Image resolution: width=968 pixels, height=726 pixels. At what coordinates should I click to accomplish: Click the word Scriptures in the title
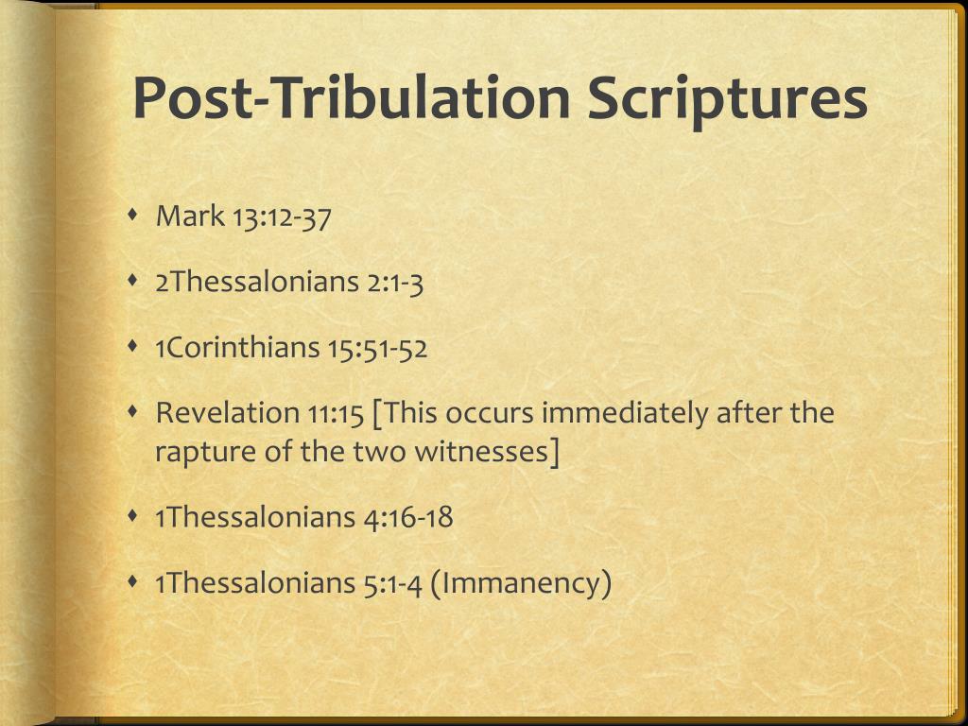pyautogui.click(x=726, y=98)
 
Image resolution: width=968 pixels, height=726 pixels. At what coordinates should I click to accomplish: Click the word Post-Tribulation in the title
pyautogui.click(x=352, y=98)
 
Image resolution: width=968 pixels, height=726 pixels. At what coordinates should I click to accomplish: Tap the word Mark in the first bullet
pyautogui.click(x=189, y=216)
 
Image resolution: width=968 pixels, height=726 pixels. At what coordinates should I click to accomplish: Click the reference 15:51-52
pyautogui.click(x=377, y=348)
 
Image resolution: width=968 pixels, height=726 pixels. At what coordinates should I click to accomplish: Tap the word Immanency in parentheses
pyautogui.click(x=522, y=583)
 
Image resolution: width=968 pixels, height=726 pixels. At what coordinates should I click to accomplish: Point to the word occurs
pyautogui.click(x=491, y=413)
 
